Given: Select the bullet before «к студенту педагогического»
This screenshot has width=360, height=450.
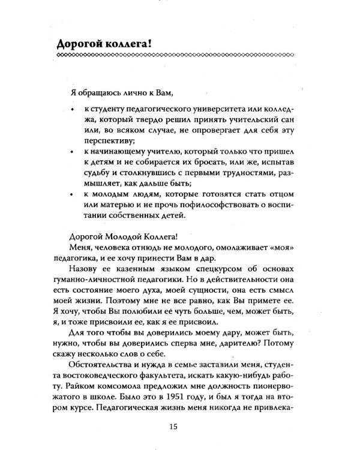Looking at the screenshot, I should coord(71,110).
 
